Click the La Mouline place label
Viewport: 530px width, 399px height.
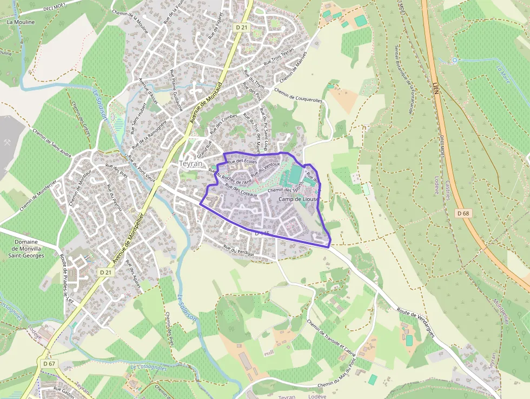click(21, 22)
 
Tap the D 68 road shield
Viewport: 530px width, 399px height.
click(462, 213)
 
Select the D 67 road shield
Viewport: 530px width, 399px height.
click(49, 363)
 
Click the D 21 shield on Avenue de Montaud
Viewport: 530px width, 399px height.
click(241, 27)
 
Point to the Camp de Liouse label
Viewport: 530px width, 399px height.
click(298, 199)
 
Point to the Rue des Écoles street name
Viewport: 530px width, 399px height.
click(242, 161)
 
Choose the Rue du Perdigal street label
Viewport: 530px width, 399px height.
click(239, 250)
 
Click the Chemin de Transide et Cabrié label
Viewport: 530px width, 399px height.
click(330, 340)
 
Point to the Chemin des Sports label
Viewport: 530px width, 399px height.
click(284, 190)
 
